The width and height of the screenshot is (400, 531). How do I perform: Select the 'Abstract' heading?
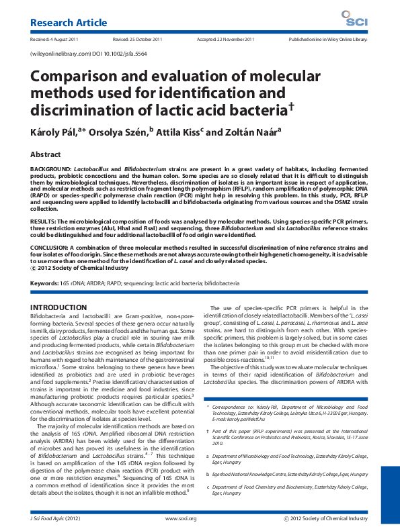pyautogui.click(x=46, y=154)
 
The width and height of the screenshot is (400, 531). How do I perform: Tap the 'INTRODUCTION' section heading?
pyautogui.click(x=59, y=307)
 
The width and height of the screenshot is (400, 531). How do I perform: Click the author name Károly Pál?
pyautogui.click(x=59, y=132)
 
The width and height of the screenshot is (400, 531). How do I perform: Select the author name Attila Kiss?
pyautogui.click(x=179, y=132)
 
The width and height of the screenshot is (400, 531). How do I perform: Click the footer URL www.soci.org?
pyautogui.click(x=181, y=519)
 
